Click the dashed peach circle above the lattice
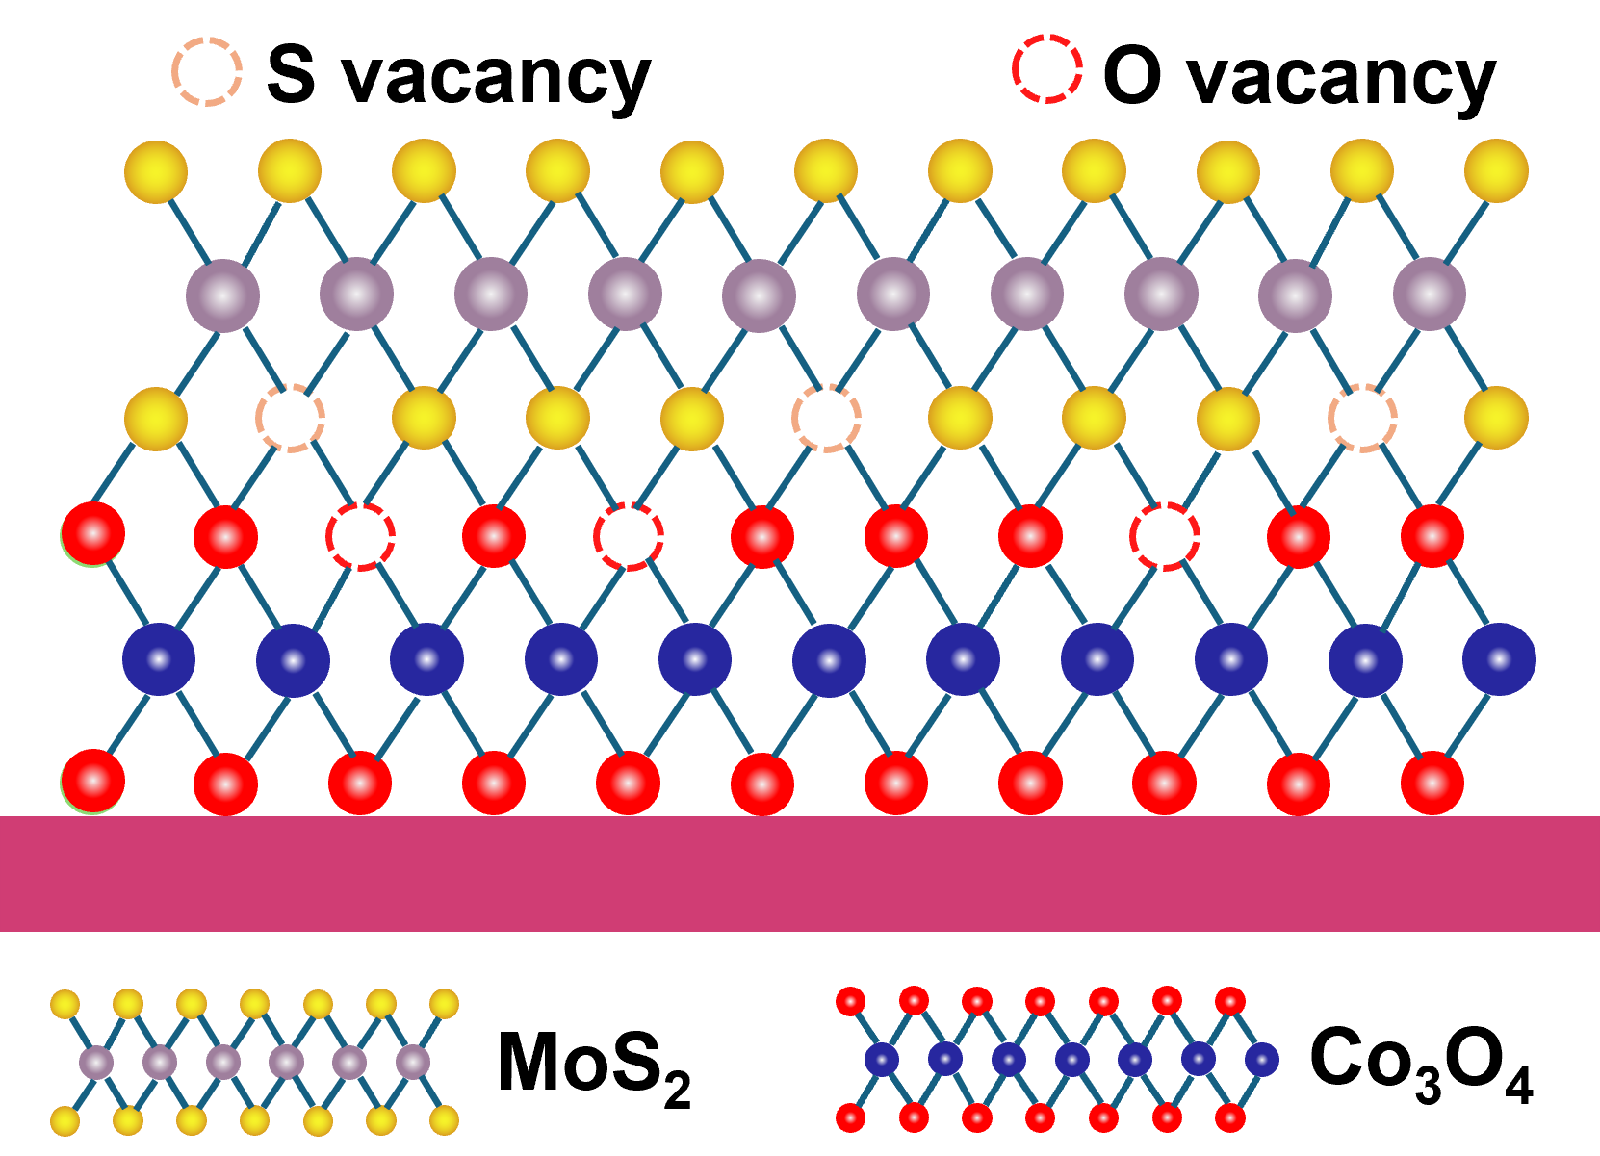click(x=207, y=71)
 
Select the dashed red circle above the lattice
click(x=1047, y=68)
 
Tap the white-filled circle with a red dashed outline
click(x=629, y=536)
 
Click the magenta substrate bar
click(x=799, y=873)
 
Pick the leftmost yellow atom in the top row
click(x=156, y=171)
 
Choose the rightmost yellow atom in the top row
click(x=1496, y=171)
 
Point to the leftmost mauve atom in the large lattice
click(x=222, y=295)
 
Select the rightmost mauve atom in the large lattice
click(x=1430, y=295)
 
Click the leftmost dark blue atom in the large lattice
click(x=159, y=659)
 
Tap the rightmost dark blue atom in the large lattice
click(x=1499, y=659)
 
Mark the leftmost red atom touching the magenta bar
click(x=93, y=782)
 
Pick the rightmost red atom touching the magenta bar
click(x=1432, y=784)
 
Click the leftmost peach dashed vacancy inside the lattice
click(x=290, y=418)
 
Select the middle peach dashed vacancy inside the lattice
click(x=826, y=418)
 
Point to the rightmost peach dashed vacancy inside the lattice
click(x=1362, y=418)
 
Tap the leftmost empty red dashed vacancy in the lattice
click(x=360, y=536)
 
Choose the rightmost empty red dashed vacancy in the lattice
click(x=1165, y=536)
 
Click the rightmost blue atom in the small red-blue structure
click(x=1261, y=1060)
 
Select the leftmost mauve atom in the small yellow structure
click(x=96, y=1063)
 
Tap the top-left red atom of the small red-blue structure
click(x=850, y=1001)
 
